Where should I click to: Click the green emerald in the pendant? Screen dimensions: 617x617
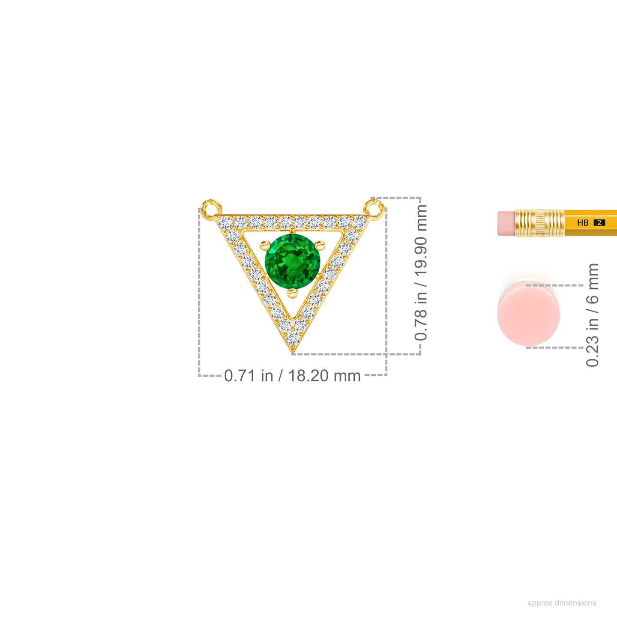[293, 262]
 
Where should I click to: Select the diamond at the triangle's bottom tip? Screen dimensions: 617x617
[293, 338]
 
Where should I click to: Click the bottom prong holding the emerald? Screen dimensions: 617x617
[293, 293]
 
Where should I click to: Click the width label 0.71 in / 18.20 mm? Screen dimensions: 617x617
[292, 376]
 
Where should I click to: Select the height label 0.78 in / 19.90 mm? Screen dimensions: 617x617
[421, 273]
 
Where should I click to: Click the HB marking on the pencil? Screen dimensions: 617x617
[583, 223]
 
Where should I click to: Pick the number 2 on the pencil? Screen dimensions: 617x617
[599, 223]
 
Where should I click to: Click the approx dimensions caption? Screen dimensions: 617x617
[561, 603]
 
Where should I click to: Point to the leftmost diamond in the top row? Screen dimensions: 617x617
[225, 222]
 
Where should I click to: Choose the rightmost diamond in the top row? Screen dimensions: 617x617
[359, 222]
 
